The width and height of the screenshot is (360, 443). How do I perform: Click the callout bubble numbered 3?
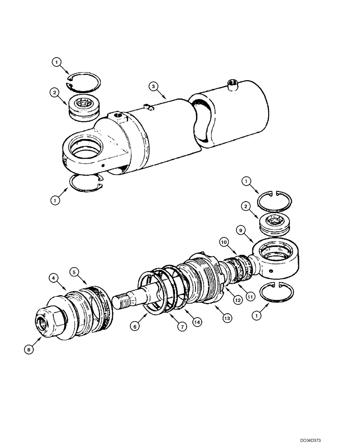coord(152,86)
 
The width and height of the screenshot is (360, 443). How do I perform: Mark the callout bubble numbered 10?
coord(224,242)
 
